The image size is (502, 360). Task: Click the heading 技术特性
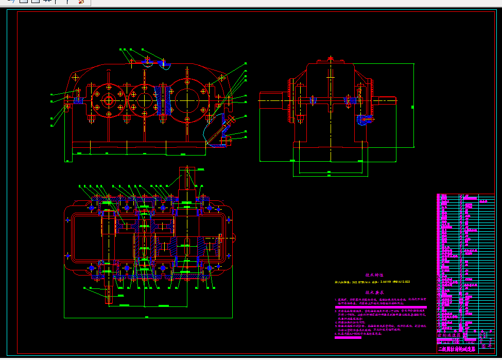point(374,275)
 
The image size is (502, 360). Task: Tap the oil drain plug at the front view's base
point(224,140)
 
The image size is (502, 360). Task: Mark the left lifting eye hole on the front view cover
point(76,77)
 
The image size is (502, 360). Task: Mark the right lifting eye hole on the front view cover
point(222,77)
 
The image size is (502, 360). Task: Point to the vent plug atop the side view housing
point(330,60)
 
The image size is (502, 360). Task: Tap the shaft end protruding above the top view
point(187,178)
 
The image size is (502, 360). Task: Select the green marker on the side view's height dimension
point(412,107)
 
